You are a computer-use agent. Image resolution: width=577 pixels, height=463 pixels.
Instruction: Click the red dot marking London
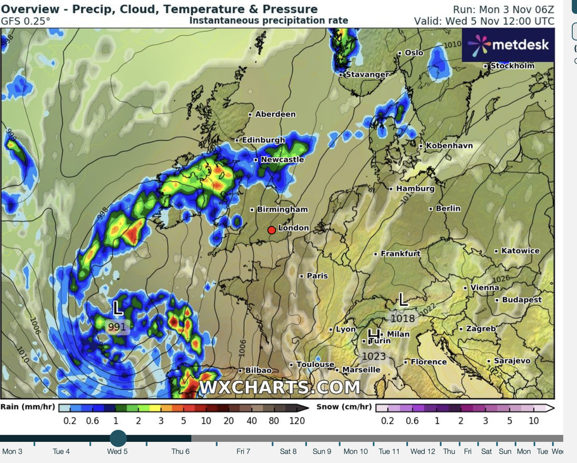click(x=271, y=230)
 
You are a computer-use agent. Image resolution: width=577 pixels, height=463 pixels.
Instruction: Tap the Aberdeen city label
click(x=275, y=114)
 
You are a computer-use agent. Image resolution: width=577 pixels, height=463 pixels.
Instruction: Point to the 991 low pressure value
click(x=117, y=326)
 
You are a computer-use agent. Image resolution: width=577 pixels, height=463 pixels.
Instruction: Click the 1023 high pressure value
click(x=373, y=356)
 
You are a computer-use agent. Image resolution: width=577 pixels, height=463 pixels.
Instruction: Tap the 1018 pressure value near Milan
click(x=403, y=318)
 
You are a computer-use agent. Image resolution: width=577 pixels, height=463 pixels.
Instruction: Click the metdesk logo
click(x=508, y=45)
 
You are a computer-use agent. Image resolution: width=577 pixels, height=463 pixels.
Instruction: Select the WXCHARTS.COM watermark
click(x=279, y=387)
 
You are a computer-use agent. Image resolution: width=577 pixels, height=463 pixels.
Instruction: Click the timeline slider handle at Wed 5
click(x=118, y=438)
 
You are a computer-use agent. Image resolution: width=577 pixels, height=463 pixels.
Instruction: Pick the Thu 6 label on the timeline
click(x=180, y=452)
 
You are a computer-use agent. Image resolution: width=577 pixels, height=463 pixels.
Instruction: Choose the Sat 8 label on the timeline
click(x=288, y=452)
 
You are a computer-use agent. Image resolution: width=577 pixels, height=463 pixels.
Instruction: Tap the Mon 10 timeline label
click(x=355, y=452)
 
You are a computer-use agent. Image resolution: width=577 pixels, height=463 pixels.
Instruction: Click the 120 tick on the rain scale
click(x=297, y=420)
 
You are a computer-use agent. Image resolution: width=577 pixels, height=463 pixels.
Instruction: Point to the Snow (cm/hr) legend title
click(x=344, y=406)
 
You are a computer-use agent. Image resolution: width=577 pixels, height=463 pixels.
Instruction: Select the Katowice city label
click(x=520, y=251)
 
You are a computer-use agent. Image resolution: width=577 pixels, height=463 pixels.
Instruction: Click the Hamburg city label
click(x=415, y=188)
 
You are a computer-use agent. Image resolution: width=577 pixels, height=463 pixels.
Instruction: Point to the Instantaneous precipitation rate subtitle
click(x=268, y=21)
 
